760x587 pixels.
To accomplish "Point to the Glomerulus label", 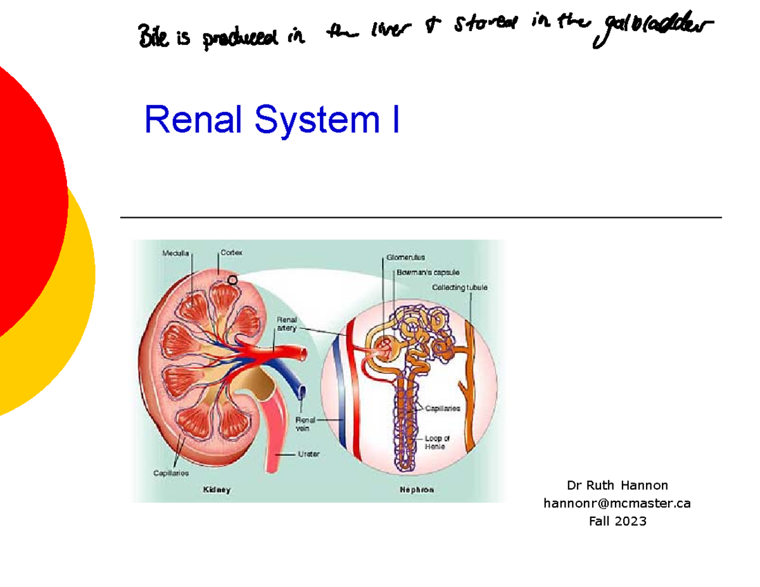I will (x=405, y=258).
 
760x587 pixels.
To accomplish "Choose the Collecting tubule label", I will (x=460, y=287).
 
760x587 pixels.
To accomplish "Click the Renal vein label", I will (x=306, y=424).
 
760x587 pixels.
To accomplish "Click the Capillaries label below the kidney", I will (x=171, y=472).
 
